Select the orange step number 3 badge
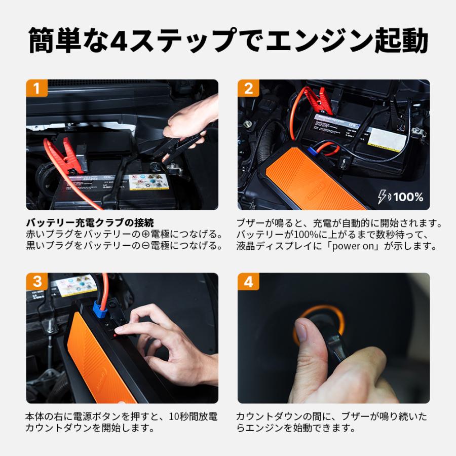pos(36,282)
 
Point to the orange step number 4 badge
pos(248,282)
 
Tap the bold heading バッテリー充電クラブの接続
pos(90,223)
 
